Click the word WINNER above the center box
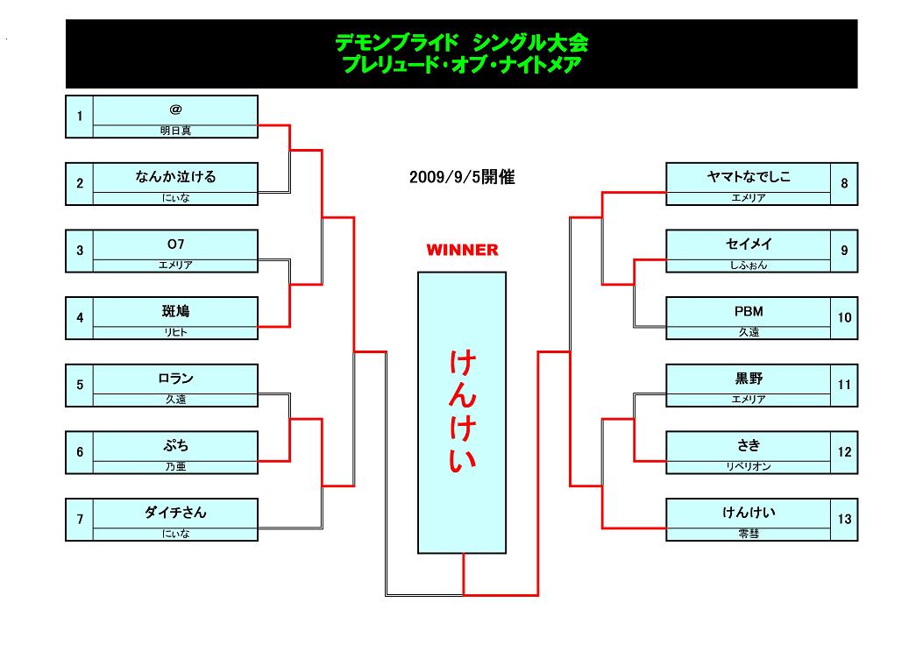[462, 250]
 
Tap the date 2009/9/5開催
[462, 177]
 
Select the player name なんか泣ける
[175, 176]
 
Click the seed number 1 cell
[80, 117]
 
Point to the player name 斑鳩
[175, 311]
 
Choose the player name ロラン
[175, 379]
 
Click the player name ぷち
[175, 445]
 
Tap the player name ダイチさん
[175, 513]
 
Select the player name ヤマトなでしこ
[749, 176]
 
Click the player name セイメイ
[749, 244]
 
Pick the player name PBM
[749, 311]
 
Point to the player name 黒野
[749, 379]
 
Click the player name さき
[749, 445]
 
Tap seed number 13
[844, 519]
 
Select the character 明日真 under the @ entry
[175, 131]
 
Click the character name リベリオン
[749, 466]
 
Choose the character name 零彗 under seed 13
[749, 534]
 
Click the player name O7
[175, 244]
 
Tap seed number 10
[844, 318]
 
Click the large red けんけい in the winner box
[462, 411]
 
